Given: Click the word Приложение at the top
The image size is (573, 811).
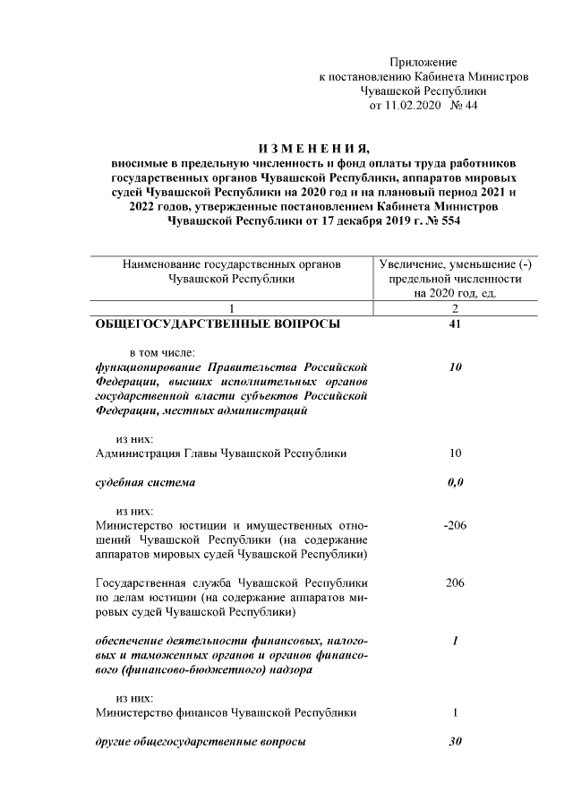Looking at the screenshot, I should (x=423, y=62).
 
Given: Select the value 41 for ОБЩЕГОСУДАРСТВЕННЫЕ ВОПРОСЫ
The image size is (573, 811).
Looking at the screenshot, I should (x=454, y=324).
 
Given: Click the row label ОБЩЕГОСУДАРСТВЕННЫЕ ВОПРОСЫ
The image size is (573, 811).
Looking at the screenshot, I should (x=218, y=324).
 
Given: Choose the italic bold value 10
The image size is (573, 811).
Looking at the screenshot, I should (x=454, y=367).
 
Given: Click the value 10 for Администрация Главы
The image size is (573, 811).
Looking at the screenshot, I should (x=454, y=453).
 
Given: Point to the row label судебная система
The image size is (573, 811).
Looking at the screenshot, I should (x=145, y=483).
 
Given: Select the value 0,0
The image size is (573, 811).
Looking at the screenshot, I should (x=454, y=483).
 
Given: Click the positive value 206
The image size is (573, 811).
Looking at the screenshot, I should (x=454, y=582).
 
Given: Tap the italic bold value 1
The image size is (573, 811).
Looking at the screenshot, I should (x=455, y=641).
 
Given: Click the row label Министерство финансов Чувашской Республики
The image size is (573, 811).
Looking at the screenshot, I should (x=226, y=713).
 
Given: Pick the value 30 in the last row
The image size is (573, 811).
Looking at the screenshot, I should (x=454, y=742).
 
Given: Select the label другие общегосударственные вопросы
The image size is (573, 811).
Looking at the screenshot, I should (x=201, y=742).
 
